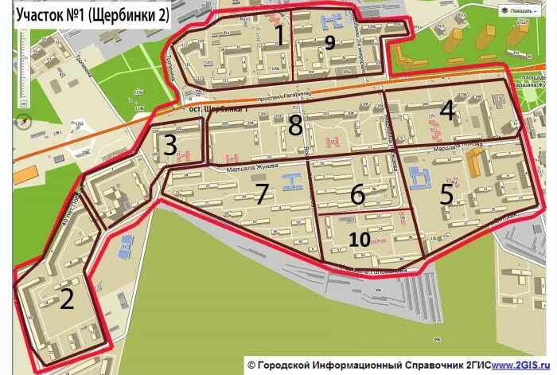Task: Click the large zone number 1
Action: click(x=279, y=34)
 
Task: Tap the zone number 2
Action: click(x=68, y=299)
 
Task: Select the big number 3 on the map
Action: click(x=170, y=145)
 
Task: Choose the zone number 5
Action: click(x=446, y=194)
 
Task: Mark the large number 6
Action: click(x=356, y=194)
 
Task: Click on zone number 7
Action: click(x=263, y=192)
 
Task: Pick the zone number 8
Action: click(x=295, y=125)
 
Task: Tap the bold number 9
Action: click(x=329, y=42)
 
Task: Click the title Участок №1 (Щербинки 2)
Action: click(x=92, y=16)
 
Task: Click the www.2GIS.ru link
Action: click(x=524, y=364)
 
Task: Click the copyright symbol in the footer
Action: click(x=251, y=364)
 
